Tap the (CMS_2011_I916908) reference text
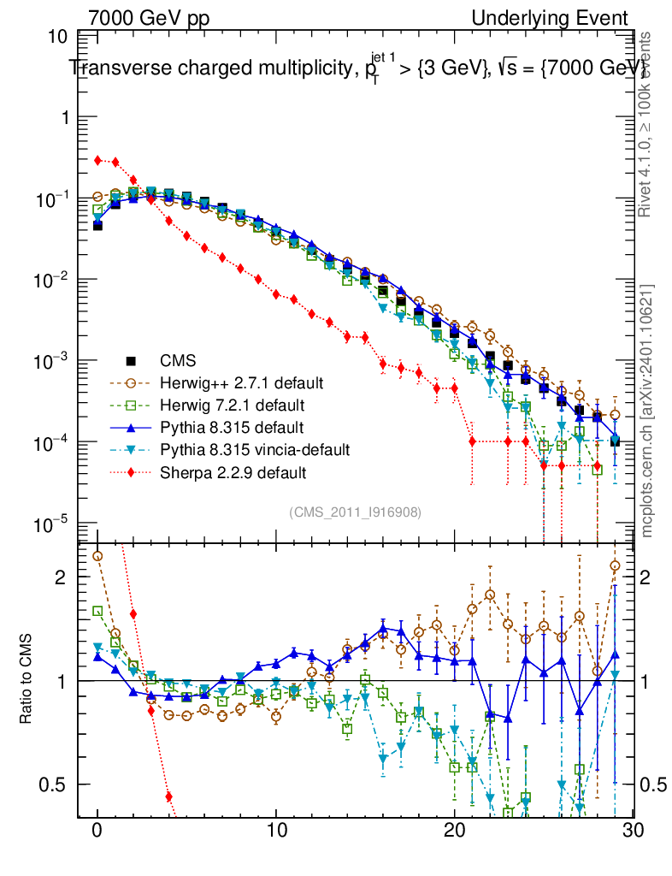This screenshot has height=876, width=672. click(355, 512)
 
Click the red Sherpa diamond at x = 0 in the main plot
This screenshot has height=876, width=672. click(98, 160)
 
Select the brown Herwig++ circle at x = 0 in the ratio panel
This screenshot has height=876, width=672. click(97, 556)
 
